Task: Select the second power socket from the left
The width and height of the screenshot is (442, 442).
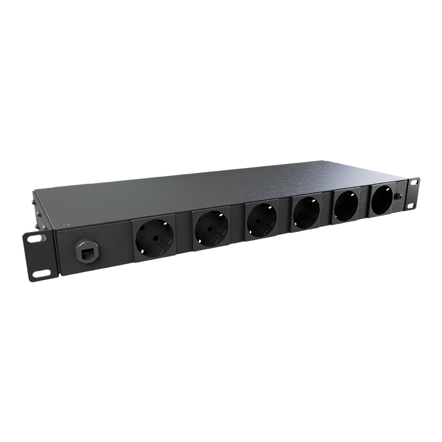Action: [210, 227]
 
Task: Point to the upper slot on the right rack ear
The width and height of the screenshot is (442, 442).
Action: [415, 182]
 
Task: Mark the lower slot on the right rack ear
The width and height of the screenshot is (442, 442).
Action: [412, 205]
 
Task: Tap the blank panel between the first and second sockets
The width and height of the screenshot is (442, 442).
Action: [183, 232]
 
